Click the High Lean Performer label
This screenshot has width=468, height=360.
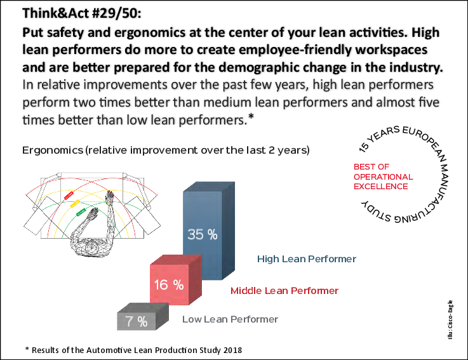coord(306,259)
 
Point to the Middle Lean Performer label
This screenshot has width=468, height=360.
coord(284,291)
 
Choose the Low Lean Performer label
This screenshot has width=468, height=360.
coord(230,319)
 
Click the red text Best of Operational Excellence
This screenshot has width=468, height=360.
coord(383,177)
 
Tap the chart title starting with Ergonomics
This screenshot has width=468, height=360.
coord(165,150)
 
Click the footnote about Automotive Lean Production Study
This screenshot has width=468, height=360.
coord(133,350)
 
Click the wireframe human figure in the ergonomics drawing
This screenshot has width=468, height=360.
coord(95,222)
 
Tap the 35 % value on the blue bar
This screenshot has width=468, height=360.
coord(202,234)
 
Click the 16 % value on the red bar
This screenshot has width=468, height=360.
coord(168,285)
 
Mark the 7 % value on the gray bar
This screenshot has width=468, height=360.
coord(137,321)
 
